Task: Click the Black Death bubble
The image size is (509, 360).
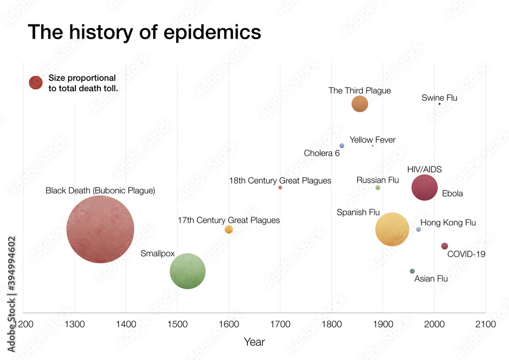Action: [x=100, y=229]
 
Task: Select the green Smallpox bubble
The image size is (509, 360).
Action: [x=187, y=271]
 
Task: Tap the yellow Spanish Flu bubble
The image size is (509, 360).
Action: [x=392, y=229]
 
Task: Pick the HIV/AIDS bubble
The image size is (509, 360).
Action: [x=425, y=188]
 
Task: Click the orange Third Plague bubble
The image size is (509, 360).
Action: [x=360, y=104]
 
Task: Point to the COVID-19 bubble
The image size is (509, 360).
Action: [x=444, y=246]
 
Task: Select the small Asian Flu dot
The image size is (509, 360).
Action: [x=412, y=271]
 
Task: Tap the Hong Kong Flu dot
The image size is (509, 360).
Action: [x=418, y=230]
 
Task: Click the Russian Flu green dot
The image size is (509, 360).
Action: [x=378, y=188]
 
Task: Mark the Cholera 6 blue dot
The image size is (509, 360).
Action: [x=342, y=146]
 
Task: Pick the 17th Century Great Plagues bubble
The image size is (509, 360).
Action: [x=229, y=230]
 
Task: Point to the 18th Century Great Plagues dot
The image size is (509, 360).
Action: [x=280, y=188]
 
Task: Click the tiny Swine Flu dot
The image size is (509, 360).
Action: [x=439, y=104]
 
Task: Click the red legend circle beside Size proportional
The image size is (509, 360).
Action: [x=36, y=82]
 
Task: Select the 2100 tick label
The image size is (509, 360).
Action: [x=485, y=324]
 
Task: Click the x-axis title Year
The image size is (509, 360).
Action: [x=254, y=342]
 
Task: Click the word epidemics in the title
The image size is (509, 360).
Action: [x=213, y=32]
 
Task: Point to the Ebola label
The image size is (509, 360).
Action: [x=453, y=193]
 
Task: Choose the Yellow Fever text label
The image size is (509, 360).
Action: [x=372, y=140]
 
